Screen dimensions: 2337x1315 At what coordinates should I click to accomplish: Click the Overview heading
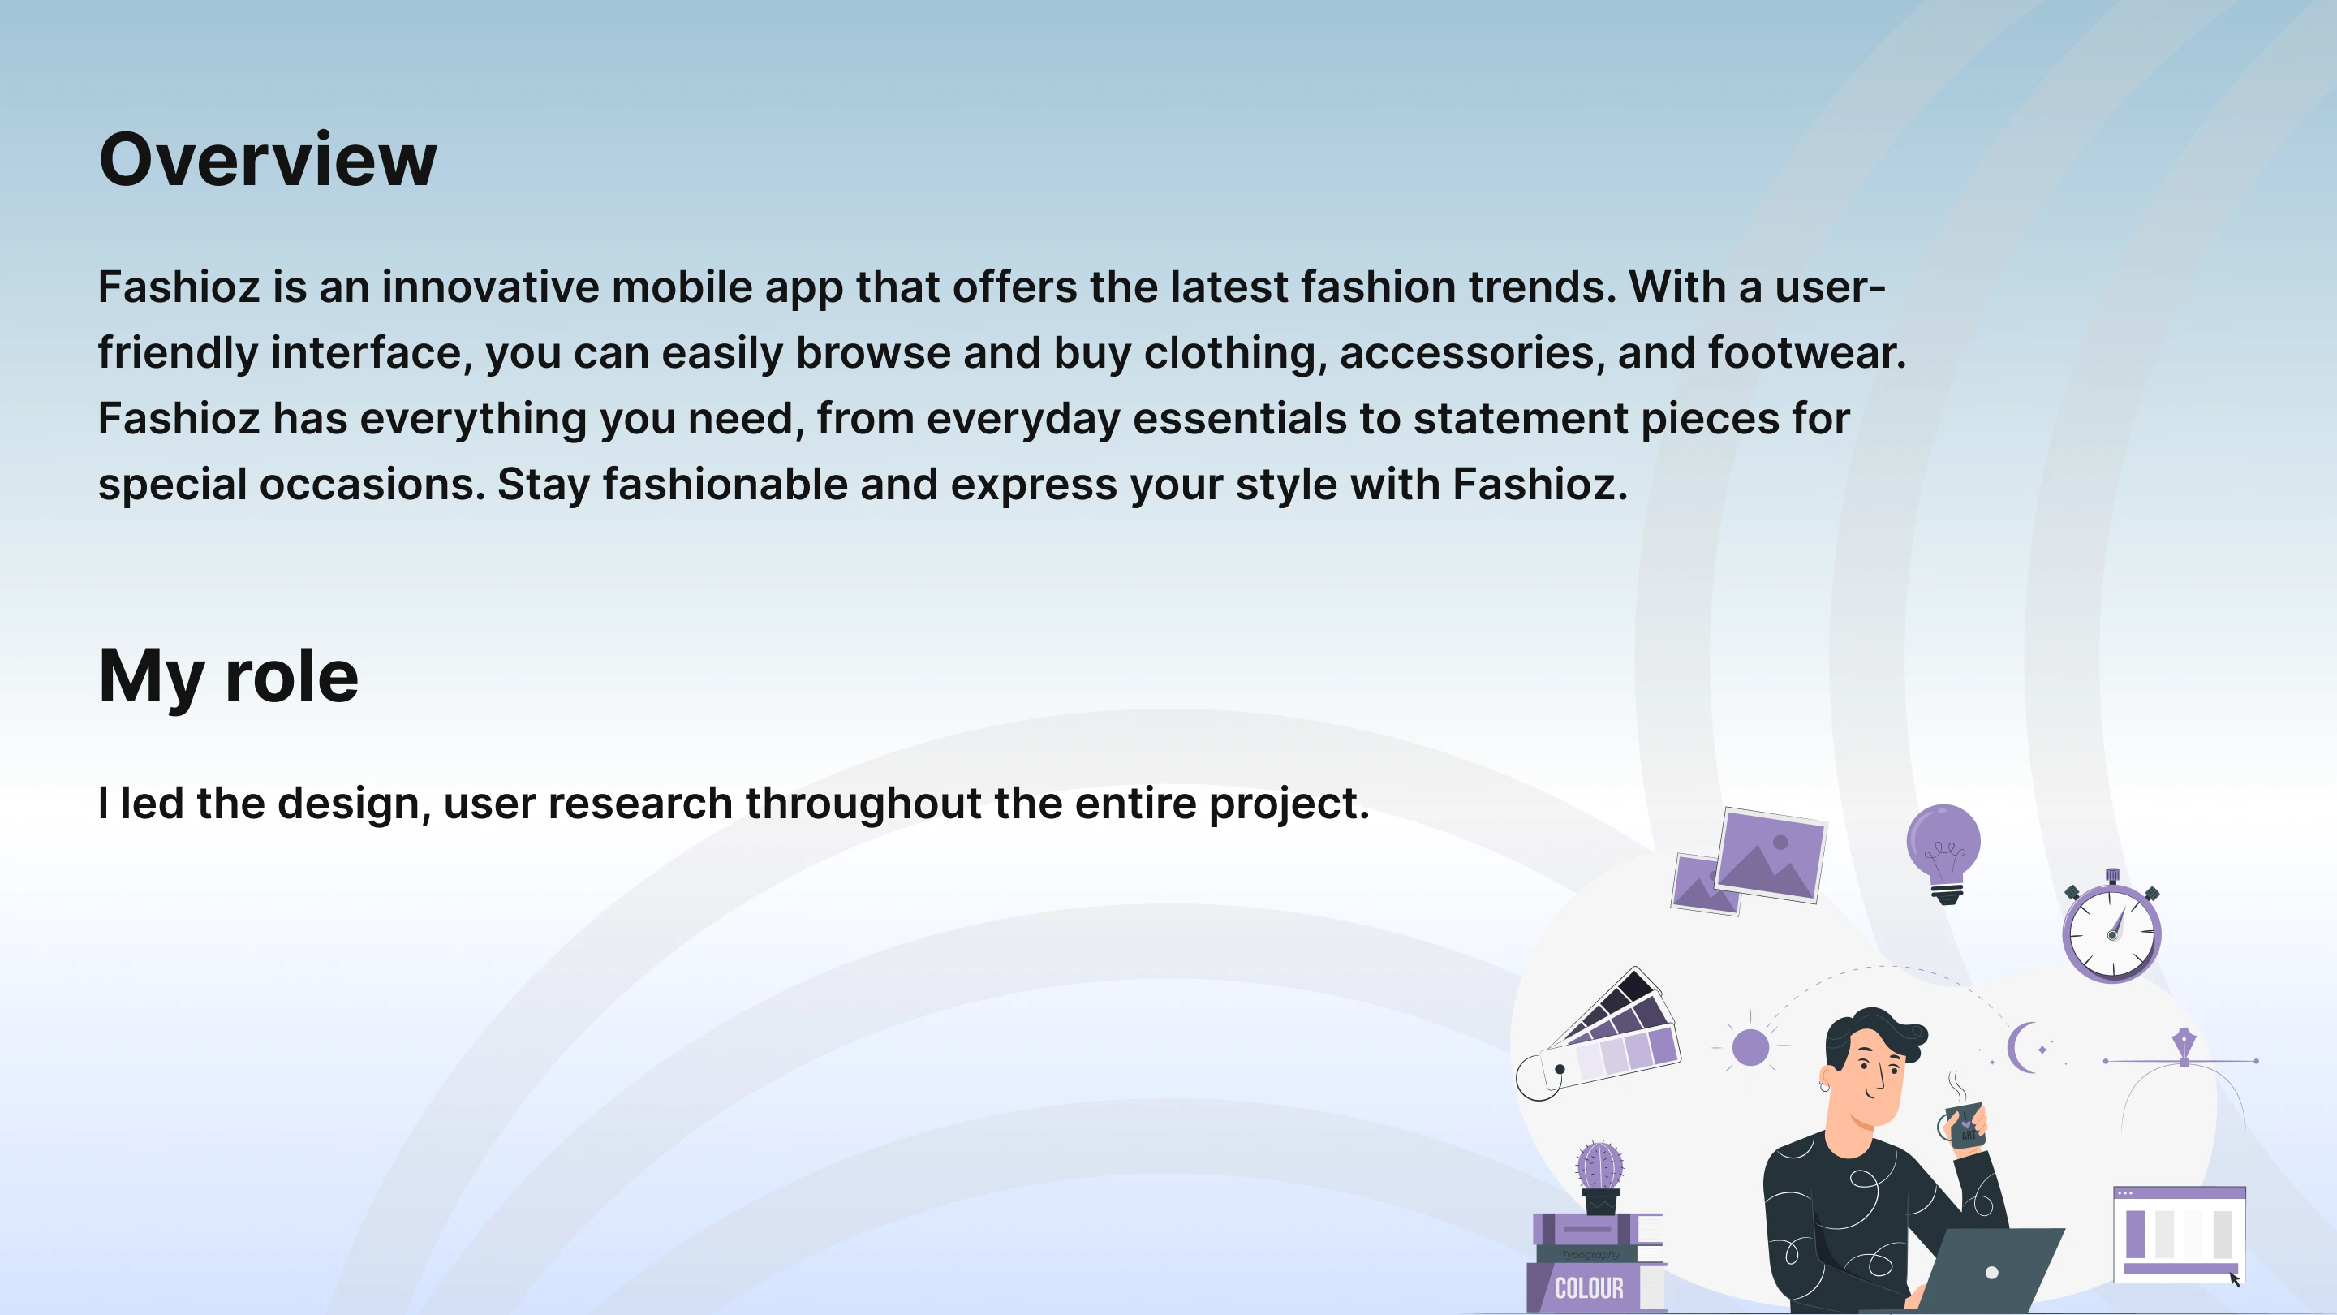268,159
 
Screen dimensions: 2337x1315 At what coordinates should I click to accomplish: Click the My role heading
229,676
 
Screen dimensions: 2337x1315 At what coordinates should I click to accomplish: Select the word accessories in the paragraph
1466,353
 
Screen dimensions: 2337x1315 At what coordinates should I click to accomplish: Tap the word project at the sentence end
1289,805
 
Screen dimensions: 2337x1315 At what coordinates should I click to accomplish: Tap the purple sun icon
1750,1047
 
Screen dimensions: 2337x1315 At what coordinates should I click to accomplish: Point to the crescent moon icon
2021,1047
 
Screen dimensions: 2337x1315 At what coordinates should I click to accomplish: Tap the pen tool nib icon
2184,1046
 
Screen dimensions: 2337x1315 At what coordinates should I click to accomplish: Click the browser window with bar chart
2179,1234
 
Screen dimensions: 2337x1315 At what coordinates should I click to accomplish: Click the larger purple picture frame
1771,855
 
